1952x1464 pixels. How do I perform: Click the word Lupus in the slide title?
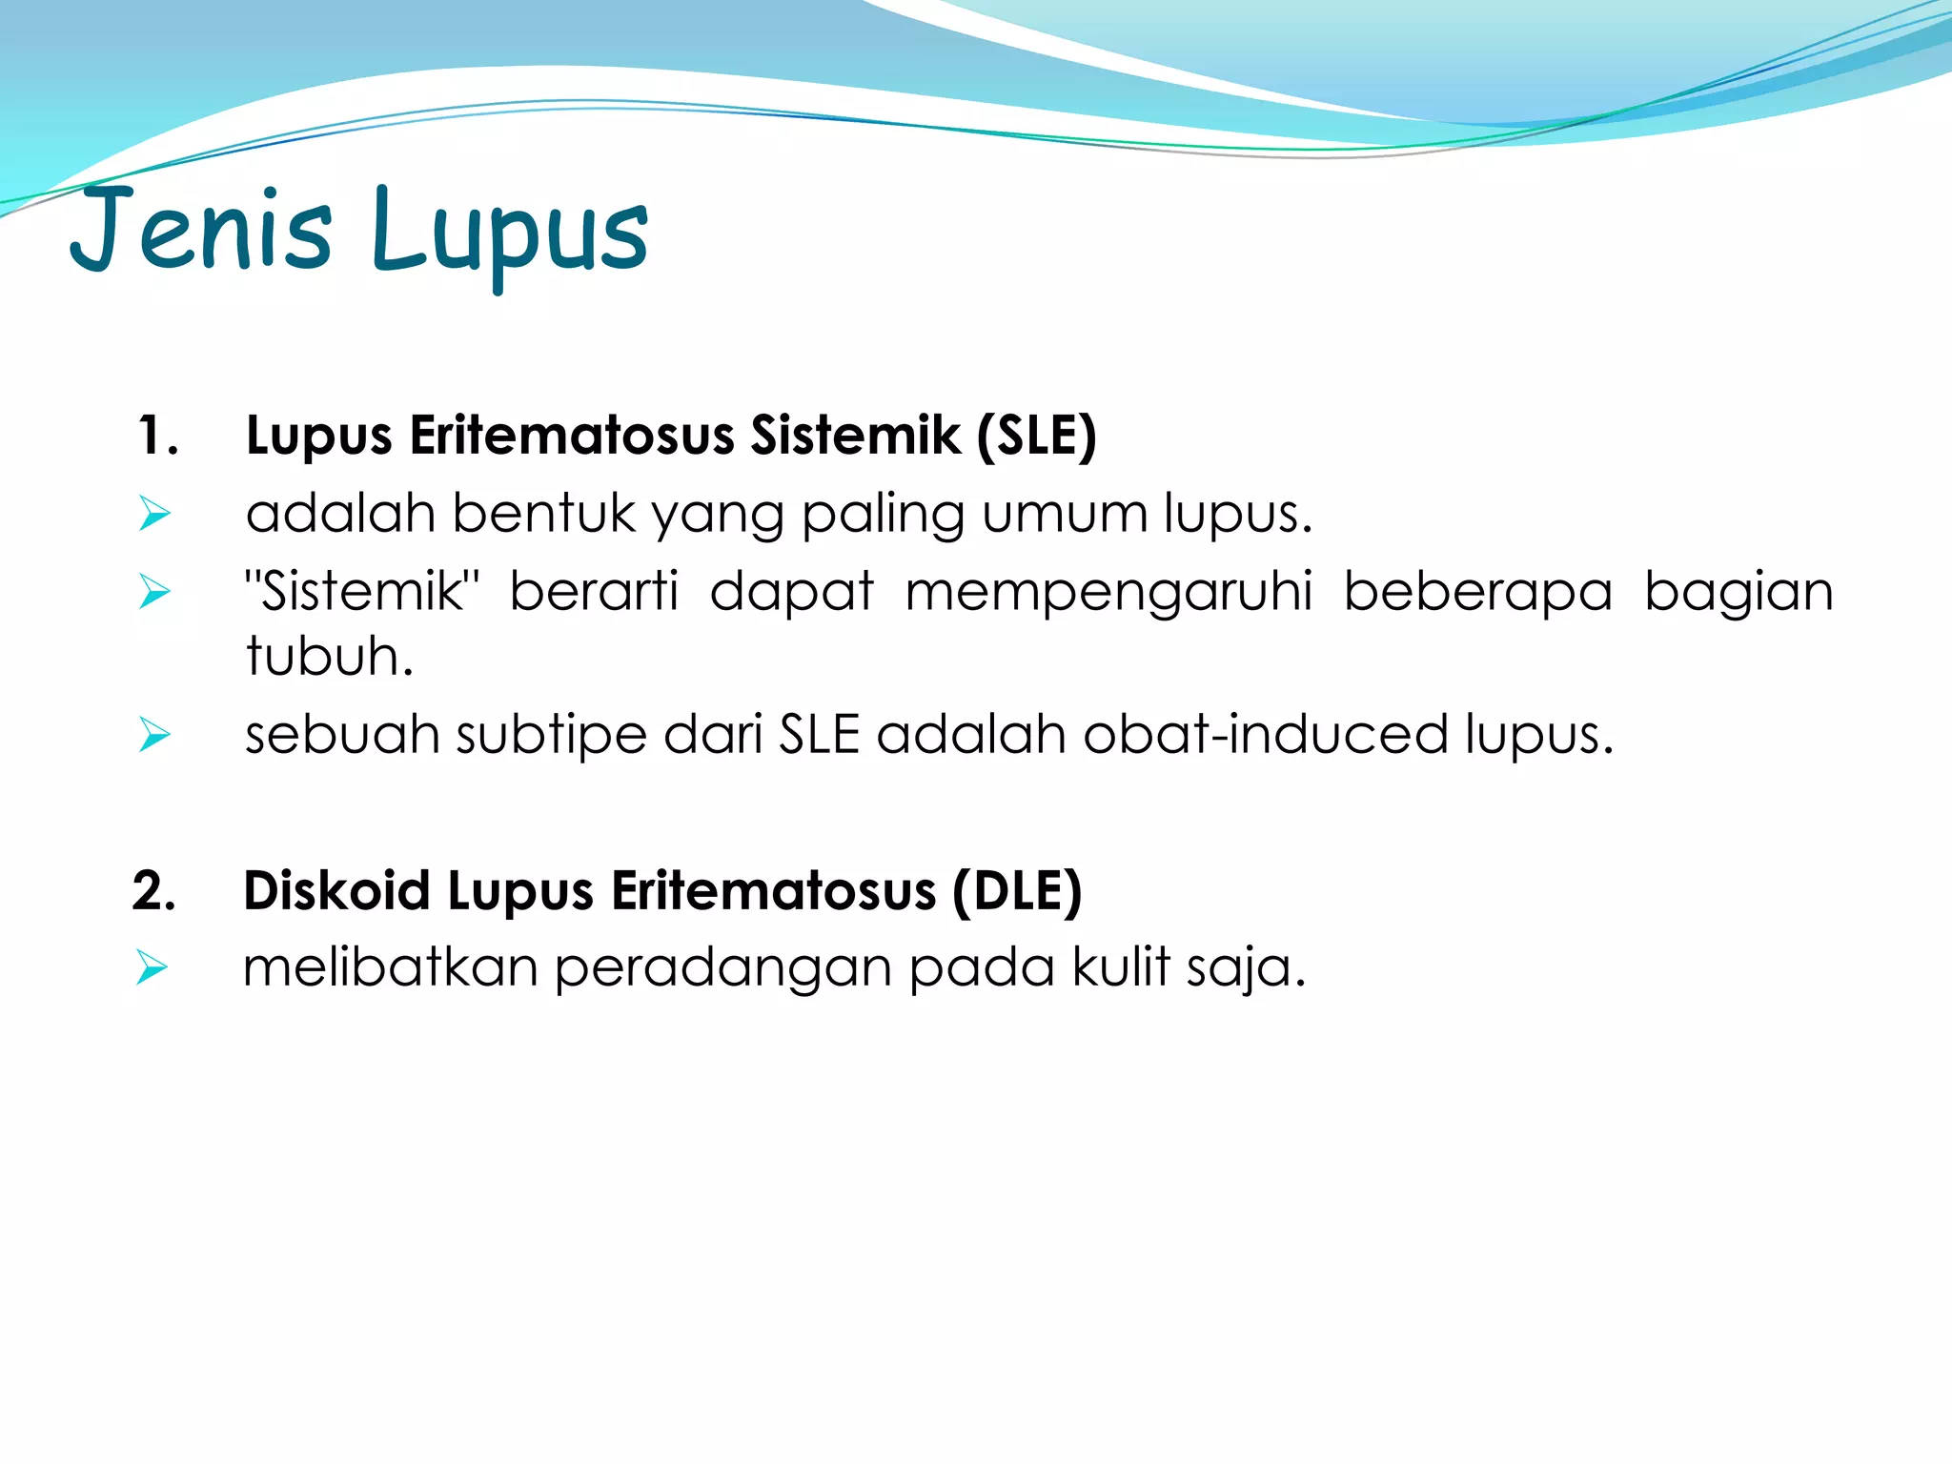(x=510, y=234)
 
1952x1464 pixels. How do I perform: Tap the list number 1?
(x=157, y=436)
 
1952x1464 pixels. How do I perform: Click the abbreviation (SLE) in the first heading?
(x=1036, y=436)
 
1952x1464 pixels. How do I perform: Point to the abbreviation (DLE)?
(x=1017, y=891)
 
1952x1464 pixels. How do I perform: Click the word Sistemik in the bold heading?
(x=855, y=436)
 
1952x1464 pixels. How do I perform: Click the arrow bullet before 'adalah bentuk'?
(x=153, y=514)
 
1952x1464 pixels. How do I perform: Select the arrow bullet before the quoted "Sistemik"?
(x=153, y=592)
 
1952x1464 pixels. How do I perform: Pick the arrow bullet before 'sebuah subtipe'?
(x=153, y=735)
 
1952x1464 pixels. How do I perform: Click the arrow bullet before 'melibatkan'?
(x=152, y=967)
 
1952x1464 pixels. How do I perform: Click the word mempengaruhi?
(x=1108, y=592)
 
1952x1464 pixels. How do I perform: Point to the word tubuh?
(x=329, y=657)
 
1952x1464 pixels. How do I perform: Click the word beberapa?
(x=1478, y=592)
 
